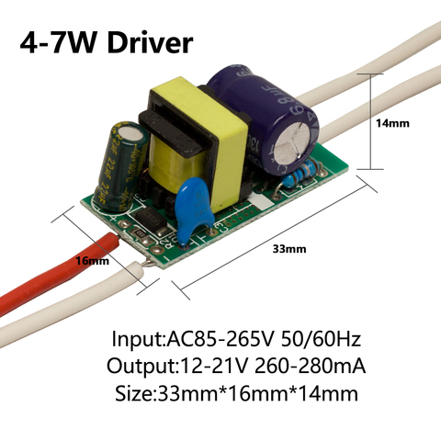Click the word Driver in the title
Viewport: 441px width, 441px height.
(x=150, y=42)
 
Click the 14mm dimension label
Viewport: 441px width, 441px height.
(x=392, y=123)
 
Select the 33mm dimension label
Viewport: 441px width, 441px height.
(x=289, y=249)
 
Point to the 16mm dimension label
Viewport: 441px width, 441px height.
(x=92, y=261)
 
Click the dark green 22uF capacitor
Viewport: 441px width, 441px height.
(x=121, y=167)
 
